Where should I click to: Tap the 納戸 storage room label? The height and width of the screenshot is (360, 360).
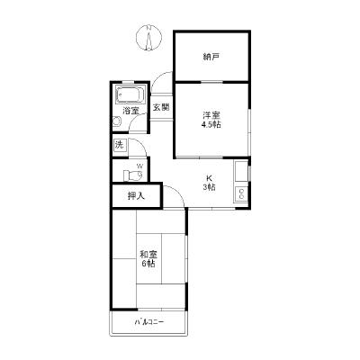(x=211, y=57)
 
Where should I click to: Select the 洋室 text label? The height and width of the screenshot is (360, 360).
(x=211, y=114)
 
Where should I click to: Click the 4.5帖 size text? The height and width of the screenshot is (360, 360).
(x=211, y=125)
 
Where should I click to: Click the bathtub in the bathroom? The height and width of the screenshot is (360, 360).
(x=131, y=94)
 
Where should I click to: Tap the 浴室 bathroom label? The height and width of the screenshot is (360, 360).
(x=131, y=111)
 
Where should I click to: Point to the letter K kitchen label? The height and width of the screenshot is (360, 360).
(x=209, y=177)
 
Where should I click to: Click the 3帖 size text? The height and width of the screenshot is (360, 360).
(x=209, y=188)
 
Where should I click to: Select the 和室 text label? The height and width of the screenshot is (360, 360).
(x=148, y=253)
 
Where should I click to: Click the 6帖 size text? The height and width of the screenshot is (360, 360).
(x=148, y=264)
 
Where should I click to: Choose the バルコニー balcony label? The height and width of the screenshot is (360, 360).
(x=149, y=322)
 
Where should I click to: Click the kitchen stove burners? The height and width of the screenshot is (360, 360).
(x=241, y=193)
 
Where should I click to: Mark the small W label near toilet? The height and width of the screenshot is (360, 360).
(x=139, y=166)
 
